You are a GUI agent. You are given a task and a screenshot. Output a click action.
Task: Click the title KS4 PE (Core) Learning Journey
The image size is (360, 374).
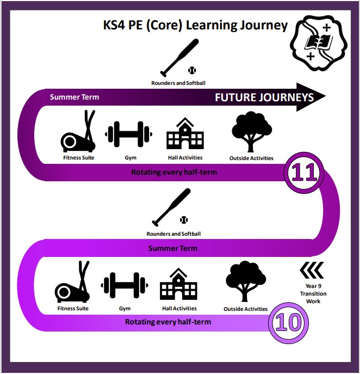195,25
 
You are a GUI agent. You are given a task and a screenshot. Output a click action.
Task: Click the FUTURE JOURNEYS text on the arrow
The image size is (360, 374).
264,97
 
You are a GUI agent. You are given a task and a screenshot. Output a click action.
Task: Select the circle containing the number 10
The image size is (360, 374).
289,322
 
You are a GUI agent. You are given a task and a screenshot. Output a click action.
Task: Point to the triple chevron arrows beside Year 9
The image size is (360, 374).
312,269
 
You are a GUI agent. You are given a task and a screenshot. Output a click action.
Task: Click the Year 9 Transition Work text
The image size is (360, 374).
313,293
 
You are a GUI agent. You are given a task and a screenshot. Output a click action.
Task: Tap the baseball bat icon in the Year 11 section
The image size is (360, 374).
175,57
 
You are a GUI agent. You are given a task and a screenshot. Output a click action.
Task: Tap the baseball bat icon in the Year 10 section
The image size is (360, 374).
171,207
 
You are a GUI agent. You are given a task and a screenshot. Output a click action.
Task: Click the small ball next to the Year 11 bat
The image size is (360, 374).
191,70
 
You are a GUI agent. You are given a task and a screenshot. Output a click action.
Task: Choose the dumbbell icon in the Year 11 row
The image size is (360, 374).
129,134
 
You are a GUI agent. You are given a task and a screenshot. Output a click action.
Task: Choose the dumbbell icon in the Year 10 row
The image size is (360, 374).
125,284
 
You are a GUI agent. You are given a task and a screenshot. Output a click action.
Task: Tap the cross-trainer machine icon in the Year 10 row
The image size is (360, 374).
72,283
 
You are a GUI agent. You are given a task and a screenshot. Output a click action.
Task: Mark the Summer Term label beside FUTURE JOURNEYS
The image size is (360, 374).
75,97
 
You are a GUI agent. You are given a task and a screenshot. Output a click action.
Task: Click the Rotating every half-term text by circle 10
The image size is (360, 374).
168,322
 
